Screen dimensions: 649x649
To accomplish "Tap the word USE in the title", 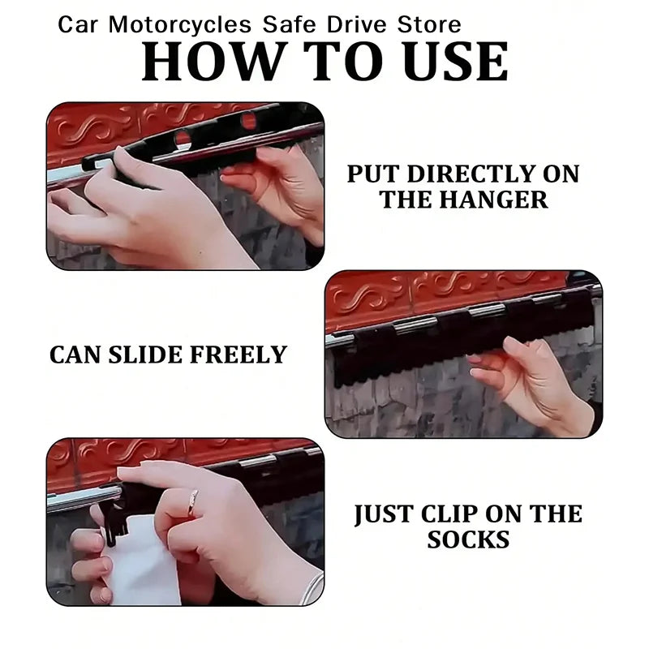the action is (455, 62).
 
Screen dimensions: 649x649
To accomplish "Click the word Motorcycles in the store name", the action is (180, 25).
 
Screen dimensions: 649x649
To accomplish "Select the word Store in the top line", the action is (429, 25).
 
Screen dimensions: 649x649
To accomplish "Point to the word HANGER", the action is (493, 200).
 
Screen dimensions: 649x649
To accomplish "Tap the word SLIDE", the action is (146, 355).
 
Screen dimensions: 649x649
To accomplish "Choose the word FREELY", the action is (239, 355).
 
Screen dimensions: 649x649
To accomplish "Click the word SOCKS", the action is (468, 539).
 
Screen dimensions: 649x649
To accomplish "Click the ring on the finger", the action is (193, 502).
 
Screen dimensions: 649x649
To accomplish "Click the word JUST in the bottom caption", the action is (385, 514).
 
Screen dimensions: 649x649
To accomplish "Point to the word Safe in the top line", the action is (290, 25).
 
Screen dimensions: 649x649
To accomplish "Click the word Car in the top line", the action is (78, 25).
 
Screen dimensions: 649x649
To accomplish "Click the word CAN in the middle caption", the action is (75, 355).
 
